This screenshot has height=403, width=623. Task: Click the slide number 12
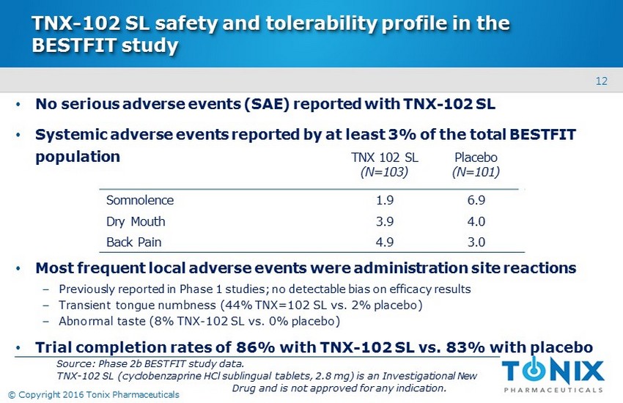click(601, 81)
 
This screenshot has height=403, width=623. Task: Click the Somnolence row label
click(140, 199)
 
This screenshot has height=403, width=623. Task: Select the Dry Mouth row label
click(136, 221)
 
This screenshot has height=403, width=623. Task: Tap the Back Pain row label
click(133, 242)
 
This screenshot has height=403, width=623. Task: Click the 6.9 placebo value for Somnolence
click(476, 199)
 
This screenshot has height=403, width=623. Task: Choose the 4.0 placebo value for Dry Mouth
click(476, 221)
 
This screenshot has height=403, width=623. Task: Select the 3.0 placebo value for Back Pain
click(476, 242)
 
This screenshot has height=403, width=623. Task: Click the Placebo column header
click(476, 158)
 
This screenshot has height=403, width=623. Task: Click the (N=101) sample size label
click(476, 173)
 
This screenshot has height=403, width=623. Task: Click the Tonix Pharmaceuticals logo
click(553, 371)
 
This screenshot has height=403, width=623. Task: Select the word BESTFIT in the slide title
click(74, 45)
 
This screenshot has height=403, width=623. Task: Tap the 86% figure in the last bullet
click(254, 346)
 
